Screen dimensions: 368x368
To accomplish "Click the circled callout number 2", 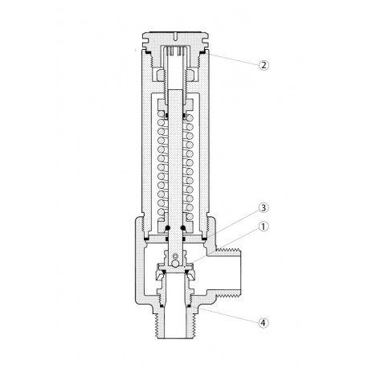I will (264, 65).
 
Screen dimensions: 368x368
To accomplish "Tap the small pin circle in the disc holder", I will (176, 256).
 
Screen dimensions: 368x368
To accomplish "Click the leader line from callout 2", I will (236, 59).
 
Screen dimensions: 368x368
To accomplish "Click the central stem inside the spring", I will (176, 161).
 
